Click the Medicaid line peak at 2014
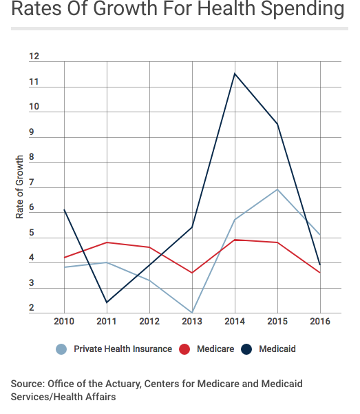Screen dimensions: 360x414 pos(235,74)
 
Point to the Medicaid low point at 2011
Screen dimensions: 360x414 pos(107,302)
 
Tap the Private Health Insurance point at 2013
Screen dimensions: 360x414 pos(192,313)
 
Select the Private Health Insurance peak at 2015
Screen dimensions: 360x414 pos(277,189)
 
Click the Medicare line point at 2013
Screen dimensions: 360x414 pos(192,273)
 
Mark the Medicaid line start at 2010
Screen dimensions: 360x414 pos(64,210)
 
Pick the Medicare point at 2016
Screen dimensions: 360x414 pos(320,273)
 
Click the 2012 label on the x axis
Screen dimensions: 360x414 pos(149,321)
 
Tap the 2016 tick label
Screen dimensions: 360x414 pos(320,321)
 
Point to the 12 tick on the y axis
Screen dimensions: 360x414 pos(34,56)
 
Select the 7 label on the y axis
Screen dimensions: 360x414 pos(32,182)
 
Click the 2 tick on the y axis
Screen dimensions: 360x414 pos(32,308)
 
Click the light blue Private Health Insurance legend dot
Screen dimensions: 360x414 pos(61,349)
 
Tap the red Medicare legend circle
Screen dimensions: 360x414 pos(184,349)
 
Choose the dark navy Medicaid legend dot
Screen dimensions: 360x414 pos(246,349)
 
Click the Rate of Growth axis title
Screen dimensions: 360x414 pos(19,187)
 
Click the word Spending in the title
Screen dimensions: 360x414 pos(302,9)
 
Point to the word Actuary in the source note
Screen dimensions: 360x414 pos(123,384)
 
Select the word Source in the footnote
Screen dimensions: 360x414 pos(28,384)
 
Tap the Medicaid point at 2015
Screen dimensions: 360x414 pos(277,124)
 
